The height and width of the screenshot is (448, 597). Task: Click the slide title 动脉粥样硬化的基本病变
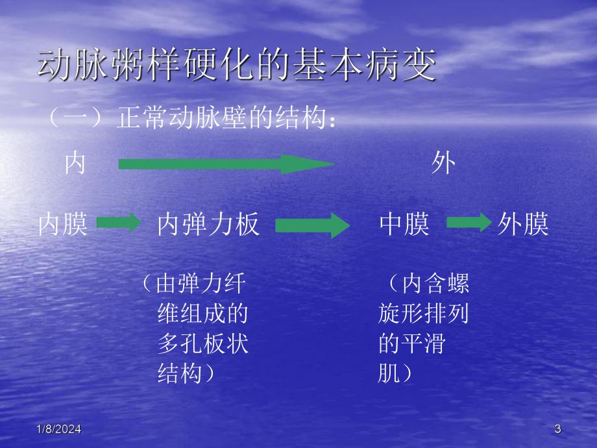pos(237,67)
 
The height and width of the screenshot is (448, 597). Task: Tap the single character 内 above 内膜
pos(75,164)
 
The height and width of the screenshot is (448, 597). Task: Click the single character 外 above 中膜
pos(443,164)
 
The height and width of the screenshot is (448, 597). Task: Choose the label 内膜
pos(62,225)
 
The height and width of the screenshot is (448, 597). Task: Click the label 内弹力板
pos(208,225)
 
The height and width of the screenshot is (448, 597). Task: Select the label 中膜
pos(404,225)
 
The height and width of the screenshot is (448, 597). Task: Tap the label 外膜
pos(523,225)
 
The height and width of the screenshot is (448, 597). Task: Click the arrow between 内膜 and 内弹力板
pos(118,224)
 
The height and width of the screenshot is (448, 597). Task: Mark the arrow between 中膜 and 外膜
pos(468,224)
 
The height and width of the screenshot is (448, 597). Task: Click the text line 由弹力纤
pos(195,284)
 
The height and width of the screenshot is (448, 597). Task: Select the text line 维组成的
pos(203,314)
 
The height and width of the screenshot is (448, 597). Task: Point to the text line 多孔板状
pos(203,344)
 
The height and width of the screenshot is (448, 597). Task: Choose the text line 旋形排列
pos(424,314)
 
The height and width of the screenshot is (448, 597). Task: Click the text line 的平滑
pos(411,344)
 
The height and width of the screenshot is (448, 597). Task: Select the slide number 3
pos(558,429)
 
